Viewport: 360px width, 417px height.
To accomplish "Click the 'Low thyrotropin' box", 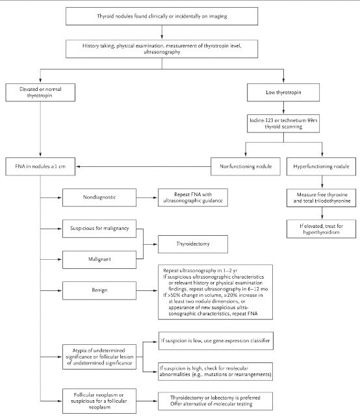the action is [283, 92].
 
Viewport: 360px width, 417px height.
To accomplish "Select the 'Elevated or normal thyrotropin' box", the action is [40, 92].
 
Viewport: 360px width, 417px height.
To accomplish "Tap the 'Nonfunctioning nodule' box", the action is [246, 166].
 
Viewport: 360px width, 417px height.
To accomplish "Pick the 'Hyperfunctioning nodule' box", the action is [321, 166].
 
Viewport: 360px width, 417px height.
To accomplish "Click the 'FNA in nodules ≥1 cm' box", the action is [40, 166].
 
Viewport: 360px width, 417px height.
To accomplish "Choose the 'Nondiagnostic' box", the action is [99, 197].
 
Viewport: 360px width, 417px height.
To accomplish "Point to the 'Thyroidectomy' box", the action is [193, 244].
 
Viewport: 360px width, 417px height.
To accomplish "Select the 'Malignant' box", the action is [99, 259].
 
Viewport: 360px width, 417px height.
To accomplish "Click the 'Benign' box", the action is [99, 290].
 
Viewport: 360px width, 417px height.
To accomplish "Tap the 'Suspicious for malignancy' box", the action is [99, 229].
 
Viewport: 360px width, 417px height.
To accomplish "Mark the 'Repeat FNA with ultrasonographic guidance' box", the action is [193, 197].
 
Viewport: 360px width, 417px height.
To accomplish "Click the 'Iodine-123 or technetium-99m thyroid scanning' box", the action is [283, 123].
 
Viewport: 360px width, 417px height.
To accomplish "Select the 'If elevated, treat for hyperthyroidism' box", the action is [321, 229].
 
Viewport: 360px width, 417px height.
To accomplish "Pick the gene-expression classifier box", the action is [216, 340].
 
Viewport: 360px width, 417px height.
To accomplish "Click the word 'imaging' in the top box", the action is [218, 16].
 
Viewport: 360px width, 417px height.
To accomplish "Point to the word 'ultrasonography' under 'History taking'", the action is [162, 52].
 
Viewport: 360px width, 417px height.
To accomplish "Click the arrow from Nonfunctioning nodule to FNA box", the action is [144, 166].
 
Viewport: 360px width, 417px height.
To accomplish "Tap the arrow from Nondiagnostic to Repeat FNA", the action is [147, 197].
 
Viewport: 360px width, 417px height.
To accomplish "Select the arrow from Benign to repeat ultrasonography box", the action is [147, 291].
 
